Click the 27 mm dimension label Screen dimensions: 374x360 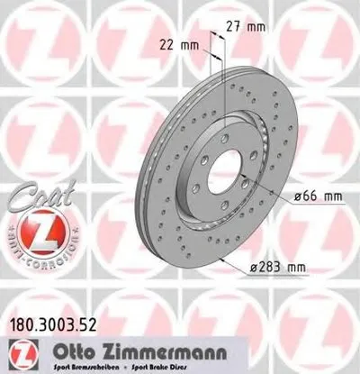[248, 26]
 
